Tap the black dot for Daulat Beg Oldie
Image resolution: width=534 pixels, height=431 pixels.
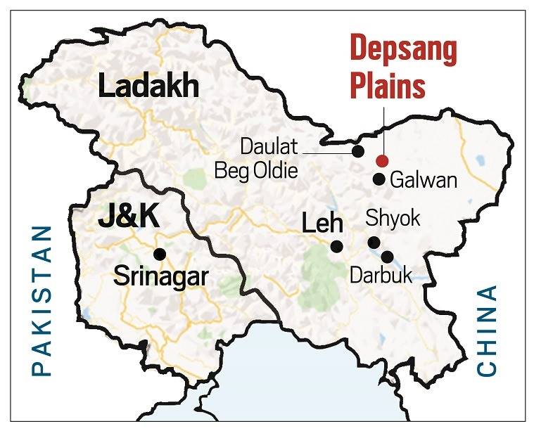[x=357, y=150]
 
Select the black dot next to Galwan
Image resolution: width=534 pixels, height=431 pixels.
[x=379, y=179]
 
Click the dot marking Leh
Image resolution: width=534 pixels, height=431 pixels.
[x=336, y=246]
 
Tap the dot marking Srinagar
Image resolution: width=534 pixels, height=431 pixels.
[x=160, y=254]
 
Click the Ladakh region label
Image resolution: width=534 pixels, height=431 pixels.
[x=148, y=87]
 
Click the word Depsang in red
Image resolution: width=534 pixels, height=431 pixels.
[x=403, y=51]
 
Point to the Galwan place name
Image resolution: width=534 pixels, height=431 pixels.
[x=423, y=180]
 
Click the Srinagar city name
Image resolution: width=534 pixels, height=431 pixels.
[x=160, y=276]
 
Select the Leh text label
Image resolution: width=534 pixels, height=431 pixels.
[x=322, y=224]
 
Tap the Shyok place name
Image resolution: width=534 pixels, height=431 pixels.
[x=393, y=219]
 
